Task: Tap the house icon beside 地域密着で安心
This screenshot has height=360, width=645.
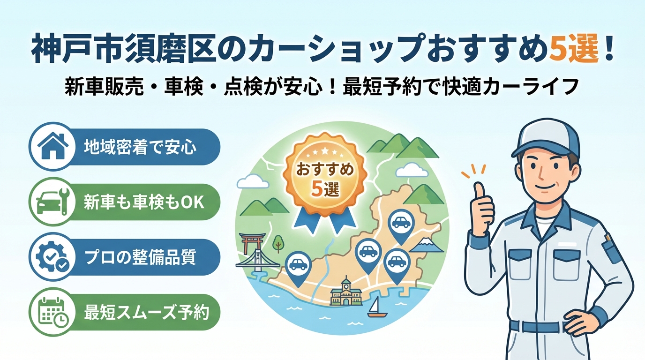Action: (53, 146)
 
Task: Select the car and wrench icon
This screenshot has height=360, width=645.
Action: (53, 201)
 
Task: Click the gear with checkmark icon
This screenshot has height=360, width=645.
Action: (52, 257)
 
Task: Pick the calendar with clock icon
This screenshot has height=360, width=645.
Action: (53, 312)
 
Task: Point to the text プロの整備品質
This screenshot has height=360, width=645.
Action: (140, 257)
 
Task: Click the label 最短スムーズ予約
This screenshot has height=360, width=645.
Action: (146, 312)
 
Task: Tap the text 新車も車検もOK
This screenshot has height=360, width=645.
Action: (144, 202)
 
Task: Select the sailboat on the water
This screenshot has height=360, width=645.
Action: (376, 307)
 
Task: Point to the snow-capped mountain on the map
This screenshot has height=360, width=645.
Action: (426, 245)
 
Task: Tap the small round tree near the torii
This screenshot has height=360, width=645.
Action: (278, 244)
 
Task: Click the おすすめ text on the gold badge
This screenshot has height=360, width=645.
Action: (325, 170)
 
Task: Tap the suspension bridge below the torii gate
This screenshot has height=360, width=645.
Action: (257, 261)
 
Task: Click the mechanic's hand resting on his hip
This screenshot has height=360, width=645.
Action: (579, 322)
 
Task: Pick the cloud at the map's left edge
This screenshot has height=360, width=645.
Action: (252, 181)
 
